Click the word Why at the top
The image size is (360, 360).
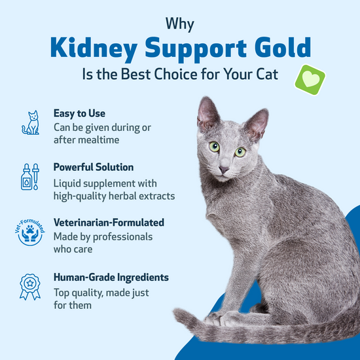tap(180, 25)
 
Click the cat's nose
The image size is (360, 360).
tap(224, 170)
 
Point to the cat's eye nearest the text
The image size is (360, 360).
tap(214, 147)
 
